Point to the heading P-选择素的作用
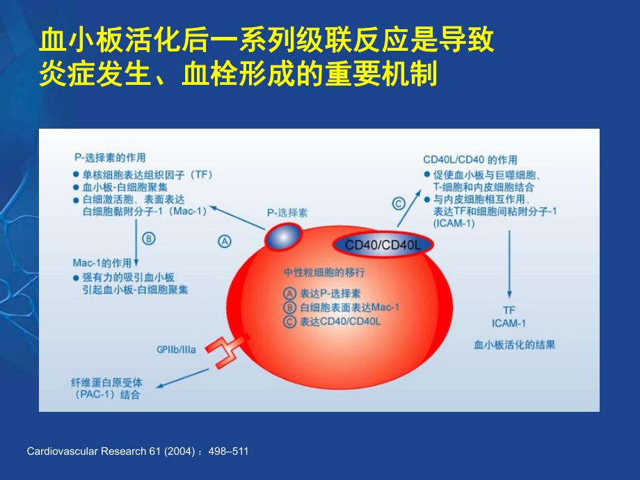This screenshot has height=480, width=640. pyautogui.click(x=109, y=158)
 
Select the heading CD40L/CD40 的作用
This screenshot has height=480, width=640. pyautogui.click(x=470, y=160)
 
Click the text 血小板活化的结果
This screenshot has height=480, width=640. pyautogui.click(x=514, y=344)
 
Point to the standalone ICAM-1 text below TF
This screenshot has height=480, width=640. pyautogui.click(x=509, y=323)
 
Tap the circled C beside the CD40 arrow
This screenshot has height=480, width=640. pyautogui.click(x=398, y=204)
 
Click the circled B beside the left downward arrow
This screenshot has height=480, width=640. pyautogui.click(x=148, y=238)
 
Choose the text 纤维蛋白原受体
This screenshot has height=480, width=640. pyautogui.click(x=105, y=381)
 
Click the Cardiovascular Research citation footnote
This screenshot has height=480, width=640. pyautogui.click(x=137, y=451)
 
